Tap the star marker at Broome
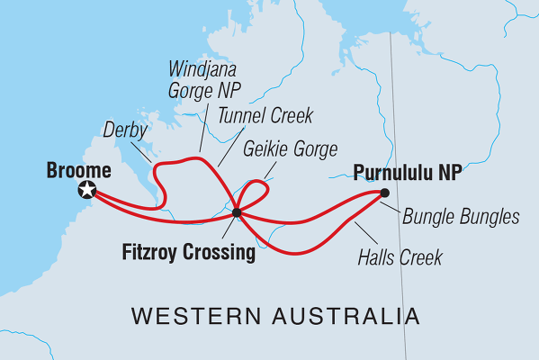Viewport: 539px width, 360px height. coord(87,189)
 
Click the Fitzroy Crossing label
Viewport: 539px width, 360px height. coord(188,253)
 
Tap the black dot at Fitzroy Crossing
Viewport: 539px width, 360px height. coord(236,213)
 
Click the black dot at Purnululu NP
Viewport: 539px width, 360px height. coord(385,192)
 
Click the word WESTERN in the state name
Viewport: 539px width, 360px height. coord(186,317)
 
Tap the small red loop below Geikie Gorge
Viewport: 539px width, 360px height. coord(256,191)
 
